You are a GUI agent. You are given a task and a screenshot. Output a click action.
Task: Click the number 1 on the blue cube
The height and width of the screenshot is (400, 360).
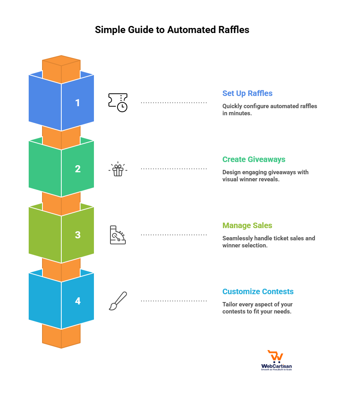77,103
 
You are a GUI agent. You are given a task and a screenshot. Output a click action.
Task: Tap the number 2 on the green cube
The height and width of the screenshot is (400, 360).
77,169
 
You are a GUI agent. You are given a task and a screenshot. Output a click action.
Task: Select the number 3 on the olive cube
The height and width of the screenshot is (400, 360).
77,235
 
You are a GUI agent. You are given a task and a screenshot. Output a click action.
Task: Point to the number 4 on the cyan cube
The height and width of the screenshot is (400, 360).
77,301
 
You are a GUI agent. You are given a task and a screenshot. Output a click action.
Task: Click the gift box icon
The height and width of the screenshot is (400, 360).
118,170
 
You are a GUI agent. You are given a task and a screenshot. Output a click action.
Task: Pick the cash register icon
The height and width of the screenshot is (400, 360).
118,235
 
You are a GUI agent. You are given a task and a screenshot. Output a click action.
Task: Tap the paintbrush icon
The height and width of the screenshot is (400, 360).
118,301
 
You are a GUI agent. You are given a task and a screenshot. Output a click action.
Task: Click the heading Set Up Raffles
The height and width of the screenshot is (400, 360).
247,94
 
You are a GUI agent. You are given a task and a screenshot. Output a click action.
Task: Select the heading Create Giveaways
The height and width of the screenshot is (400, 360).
253,160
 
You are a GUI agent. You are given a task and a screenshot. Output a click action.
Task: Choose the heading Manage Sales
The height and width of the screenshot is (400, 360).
247,226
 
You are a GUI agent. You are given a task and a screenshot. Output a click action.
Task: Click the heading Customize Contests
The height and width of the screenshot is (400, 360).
258,292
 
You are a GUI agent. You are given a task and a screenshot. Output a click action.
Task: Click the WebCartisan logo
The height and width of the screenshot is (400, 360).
276,360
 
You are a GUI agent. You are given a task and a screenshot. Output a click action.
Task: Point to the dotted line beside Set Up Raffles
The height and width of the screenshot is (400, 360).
174,103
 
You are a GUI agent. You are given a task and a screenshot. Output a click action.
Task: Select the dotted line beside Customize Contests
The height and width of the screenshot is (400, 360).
174,301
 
